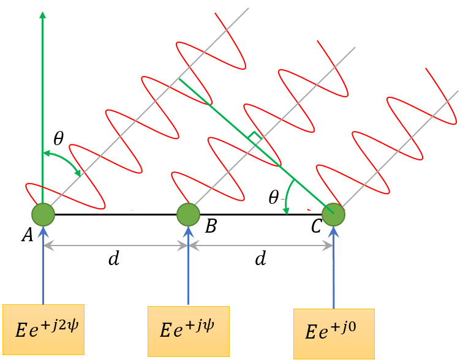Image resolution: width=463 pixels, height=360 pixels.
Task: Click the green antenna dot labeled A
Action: point(43,215)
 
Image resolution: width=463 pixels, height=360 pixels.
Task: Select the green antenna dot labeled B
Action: point(188,215)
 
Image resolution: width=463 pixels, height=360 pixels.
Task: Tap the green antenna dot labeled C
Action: point(333,215)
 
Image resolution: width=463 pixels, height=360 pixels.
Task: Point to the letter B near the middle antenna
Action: point(210,227)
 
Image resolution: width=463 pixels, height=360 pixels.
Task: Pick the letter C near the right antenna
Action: point(316,227)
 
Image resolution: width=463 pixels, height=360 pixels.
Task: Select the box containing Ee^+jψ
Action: point(188,331)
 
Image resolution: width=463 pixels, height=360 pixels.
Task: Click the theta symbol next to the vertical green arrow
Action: point(58,138)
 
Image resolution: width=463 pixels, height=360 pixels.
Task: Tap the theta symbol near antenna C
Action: point(274,197)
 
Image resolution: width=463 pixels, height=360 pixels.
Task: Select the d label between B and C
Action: point(260,259)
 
